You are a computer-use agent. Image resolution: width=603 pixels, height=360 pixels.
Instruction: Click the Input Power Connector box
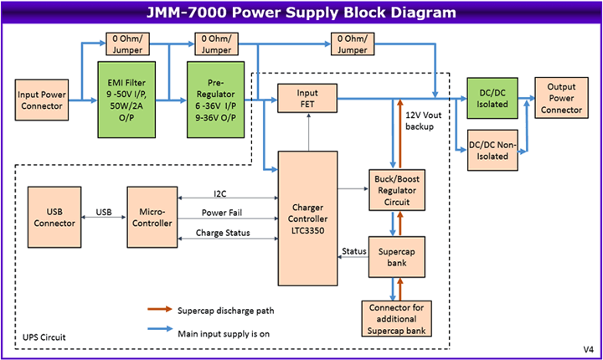(41, 100)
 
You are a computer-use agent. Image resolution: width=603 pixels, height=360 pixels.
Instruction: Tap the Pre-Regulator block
(214, 99)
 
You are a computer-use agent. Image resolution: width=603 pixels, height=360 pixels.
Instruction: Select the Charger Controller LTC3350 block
(309, 219)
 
